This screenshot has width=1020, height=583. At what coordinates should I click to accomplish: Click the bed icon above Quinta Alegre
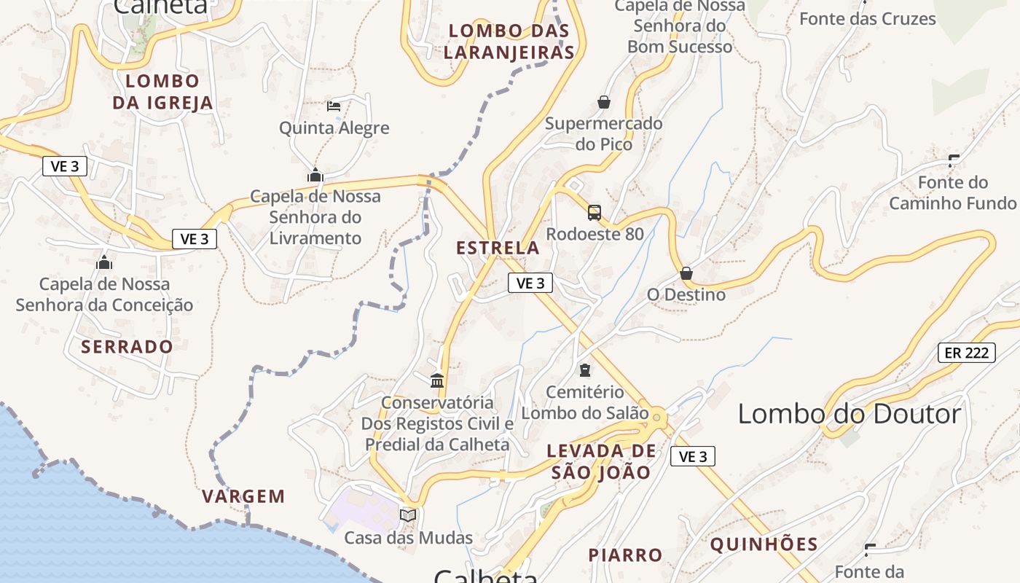coord(334,106)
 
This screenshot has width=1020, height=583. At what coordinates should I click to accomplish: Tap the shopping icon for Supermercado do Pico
coord(603,102)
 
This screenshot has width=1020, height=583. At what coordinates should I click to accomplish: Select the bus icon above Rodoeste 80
coord(595,213)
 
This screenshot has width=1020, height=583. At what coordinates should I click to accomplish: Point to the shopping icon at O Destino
coord(686,273)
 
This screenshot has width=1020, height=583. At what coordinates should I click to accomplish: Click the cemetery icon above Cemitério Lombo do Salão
coord(584,370)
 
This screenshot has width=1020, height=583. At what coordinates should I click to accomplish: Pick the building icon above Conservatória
coord(437,380)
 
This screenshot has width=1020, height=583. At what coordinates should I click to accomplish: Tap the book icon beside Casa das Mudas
coord(408,516)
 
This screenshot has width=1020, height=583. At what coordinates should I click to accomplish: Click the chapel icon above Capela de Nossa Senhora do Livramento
coord(315,175)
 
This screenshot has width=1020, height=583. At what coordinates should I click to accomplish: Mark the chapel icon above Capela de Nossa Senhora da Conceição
coord(104,262)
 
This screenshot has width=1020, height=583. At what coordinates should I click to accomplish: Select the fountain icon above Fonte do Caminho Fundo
coord(953,160)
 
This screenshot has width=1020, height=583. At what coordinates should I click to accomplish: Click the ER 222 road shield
coord(966,353)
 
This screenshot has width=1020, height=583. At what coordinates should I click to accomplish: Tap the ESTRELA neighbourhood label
coord(498,248)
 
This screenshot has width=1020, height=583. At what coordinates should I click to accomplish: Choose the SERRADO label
coord(127,346)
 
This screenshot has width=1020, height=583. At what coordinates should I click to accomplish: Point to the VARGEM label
coord(243,497)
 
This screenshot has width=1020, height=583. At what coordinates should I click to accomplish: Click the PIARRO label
coord(625,555)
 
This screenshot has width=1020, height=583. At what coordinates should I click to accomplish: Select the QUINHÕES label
coord(764,544)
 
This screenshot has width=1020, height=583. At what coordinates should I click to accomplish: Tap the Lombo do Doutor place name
coord(850,414)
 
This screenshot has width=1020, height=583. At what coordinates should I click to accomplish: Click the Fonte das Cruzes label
coord(867,19)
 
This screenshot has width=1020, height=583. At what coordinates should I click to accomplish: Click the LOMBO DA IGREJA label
coord(162,92)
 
